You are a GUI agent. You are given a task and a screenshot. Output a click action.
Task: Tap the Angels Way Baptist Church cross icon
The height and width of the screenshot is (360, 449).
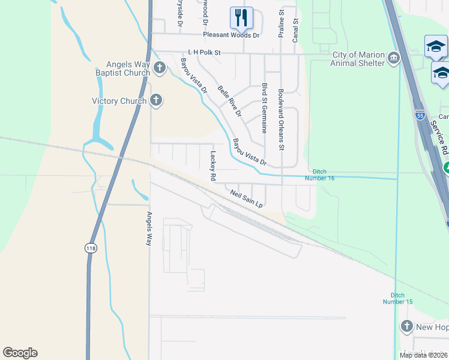tap(160, 67)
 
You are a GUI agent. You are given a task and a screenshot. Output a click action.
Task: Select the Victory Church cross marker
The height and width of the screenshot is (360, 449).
tap(156, 100)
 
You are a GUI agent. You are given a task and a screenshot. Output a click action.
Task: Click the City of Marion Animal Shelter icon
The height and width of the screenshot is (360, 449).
tap(394, 58)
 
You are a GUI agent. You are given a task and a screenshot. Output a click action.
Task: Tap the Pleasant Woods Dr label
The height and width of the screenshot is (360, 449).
tap(231, 35)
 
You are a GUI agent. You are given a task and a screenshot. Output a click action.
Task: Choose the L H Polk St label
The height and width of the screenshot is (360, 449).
tap(204, 53)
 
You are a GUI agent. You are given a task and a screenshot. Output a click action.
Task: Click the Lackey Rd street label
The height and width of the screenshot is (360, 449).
tap(212, 166)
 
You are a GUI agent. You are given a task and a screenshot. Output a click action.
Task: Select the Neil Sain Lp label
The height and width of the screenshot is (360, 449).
tap(247, 199)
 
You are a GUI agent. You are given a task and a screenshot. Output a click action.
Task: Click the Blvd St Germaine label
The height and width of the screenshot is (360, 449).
tap(264, 108)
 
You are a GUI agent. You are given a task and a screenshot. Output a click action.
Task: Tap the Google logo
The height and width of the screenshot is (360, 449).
tap(20, 353)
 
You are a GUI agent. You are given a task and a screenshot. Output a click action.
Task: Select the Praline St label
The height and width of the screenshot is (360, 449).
tap(280, 24)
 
